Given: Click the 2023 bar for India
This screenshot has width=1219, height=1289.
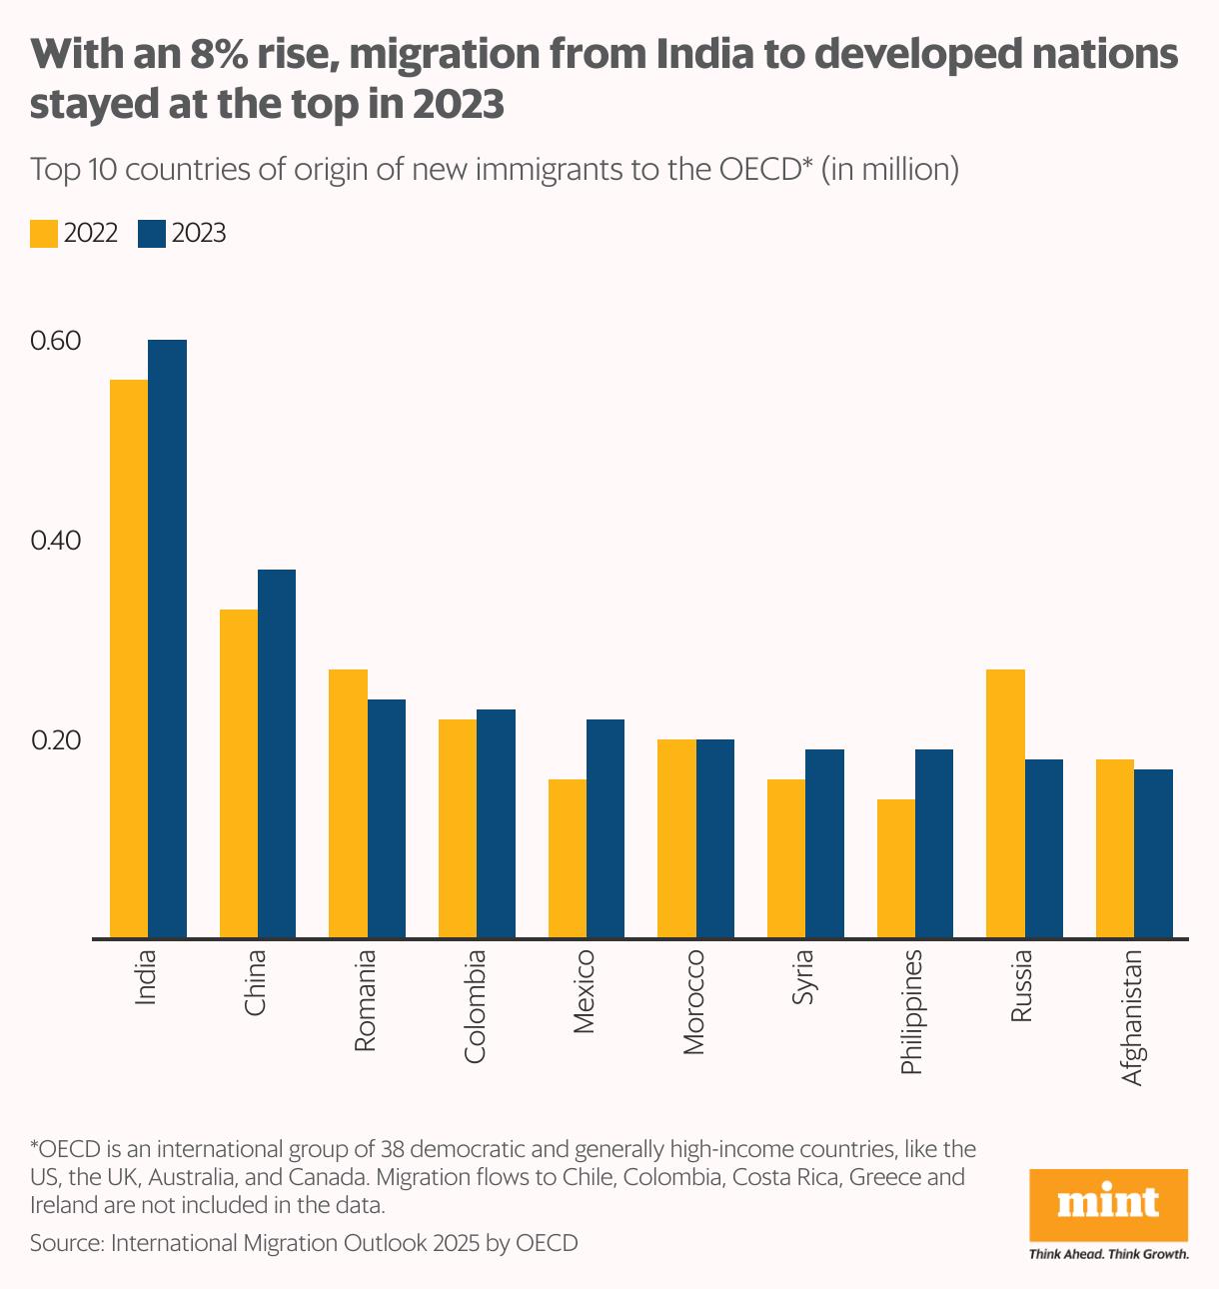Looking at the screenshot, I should pyautogui.click(x=167, y=640).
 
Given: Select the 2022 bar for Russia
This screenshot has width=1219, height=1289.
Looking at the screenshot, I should pyautogui.click(x=1005, y=804).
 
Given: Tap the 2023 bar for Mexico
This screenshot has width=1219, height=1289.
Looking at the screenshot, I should pyautogui.click(x=606, y=829).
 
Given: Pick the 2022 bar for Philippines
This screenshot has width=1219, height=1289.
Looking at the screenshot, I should pyautogui.click(x=896, y=869).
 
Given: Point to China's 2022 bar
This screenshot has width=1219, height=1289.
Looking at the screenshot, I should pyautogui.click(x=239, y=774).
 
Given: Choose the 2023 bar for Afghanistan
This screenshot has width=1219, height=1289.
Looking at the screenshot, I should pyautogui.click(x=1153, y=854).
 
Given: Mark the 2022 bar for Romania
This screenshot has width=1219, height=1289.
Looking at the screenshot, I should pyautogui.click(x=348, y=804).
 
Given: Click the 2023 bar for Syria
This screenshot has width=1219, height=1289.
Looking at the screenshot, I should pyautogui.click(x=824, y=844).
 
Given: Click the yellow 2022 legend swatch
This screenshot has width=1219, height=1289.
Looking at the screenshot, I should pyautogui.click(x=44, y=234).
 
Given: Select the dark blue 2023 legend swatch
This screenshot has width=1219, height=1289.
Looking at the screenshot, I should pyautogui.click(x=151, y=234).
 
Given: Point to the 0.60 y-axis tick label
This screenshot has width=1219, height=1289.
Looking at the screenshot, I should pyautogui.click(x=55, y=341).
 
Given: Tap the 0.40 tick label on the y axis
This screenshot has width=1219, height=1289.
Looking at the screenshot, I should pyautogui.click(x=55, y=541).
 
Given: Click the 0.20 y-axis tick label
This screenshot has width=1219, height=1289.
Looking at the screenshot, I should pyautogui.click(x=55, y=740).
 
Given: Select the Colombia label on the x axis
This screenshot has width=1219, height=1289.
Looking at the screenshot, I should pyautogui.click(x=476, y=1005).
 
